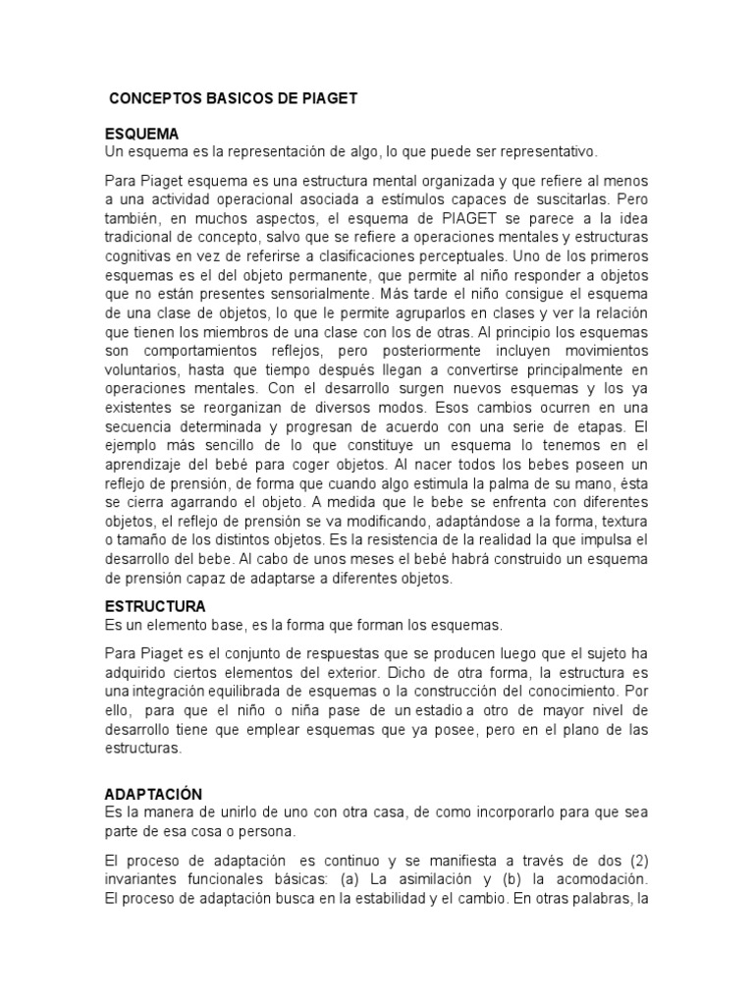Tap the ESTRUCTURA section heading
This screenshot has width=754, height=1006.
click(155, 606)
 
